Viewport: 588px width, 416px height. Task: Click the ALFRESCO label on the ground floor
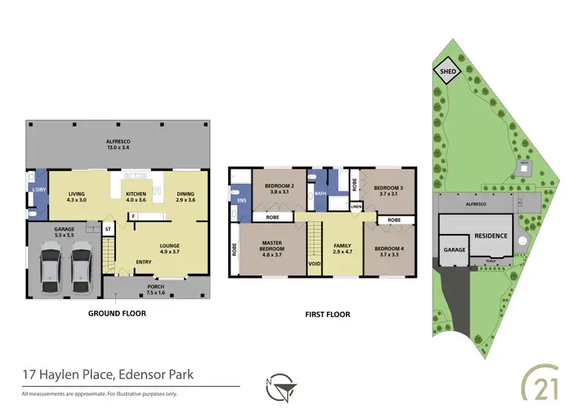click(118, 142)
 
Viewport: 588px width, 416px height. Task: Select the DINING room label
click(186, 194)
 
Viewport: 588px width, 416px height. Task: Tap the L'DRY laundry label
click(35, 191)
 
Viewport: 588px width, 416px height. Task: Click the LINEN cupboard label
click(356, 206)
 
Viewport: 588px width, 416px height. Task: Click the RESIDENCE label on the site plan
click(491, 235)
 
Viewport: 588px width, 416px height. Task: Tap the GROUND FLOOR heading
click(118, 313)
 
